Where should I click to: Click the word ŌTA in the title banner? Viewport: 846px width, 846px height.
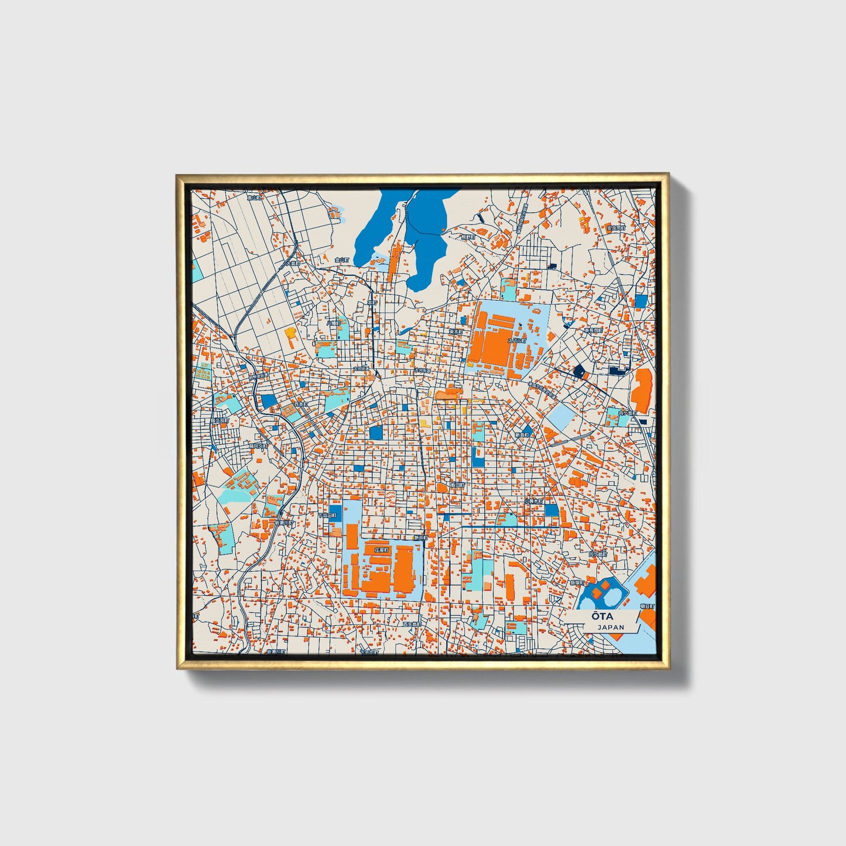[x=602, y=616]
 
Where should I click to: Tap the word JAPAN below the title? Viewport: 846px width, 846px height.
[x=610, y=627]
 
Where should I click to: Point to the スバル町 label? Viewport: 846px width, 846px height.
[x=516, y=340]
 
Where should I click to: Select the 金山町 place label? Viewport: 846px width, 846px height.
[x=341, y=259]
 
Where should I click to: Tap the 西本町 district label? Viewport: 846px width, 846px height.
[x=300, y=404]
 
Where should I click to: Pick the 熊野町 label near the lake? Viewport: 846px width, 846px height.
[x=467, y=237]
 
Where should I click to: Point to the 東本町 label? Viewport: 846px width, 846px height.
[x=455, y=331]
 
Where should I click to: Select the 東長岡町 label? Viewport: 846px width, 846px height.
[x=592, y=331]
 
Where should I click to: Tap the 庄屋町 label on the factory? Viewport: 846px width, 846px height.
[x=381, y=550]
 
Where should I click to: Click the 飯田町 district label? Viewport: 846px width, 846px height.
[x=457, y=485]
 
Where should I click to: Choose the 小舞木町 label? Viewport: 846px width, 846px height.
[x=533, y=501]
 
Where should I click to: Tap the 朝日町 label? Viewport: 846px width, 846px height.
[x=647, y=607]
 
